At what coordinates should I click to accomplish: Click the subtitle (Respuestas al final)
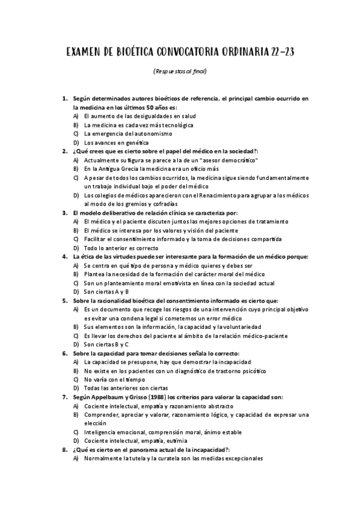point(180,71)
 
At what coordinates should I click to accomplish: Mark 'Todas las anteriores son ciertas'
point(126,388)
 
